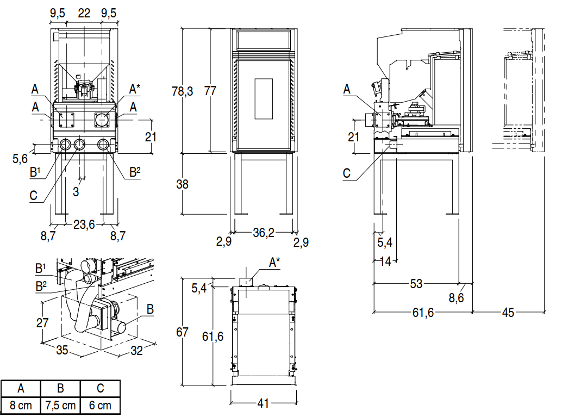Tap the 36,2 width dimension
pyautogui.click(x=263, y=233)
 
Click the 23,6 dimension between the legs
pyautogui.click(x=84, y=224)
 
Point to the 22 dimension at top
pyautogui.click(x=84, y=14)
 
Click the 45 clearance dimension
pyautogui.click(x=508, y=313)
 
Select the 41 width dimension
pyautogui.click(x=263, y=403)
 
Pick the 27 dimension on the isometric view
pyautogui.click(x=42, y=322)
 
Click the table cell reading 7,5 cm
pyautogui.click(x=60, y=406)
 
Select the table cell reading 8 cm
pyautogui.click(x=21, y=406)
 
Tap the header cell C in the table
pyautogui.click(x=100, y=389)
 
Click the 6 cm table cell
pyautogui.click(x=100, y=406)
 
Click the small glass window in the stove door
pyautogui.click(x=263, y=99)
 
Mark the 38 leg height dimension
pyautogui.click(x=183, y=184)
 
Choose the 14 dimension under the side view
pyautogui.click(x=385, y=262)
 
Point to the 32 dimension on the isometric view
pyautogui.click(x=136, y=351)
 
